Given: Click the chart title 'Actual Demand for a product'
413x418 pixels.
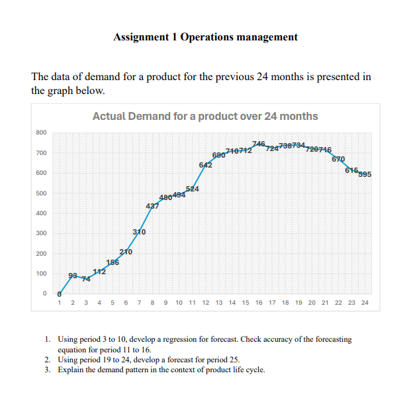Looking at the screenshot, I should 205,117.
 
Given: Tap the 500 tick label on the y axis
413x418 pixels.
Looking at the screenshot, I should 41,193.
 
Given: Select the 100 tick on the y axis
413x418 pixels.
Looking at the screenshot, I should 41,274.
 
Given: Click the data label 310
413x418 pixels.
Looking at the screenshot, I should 139,232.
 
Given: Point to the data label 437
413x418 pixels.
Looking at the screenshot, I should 152,207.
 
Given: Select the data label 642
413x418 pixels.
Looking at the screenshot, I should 205,165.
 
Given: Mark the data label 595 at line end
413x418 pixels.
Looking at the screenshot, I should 365,175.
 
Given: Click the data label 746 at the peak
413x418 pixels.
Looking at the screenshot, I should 259,144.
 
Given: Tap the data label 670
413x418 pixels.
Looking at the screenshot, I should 338,159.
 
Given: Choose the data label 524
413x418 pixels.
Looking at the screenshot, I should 193,189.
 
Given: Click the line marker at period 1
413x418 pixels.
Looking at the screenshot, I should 60,293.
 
